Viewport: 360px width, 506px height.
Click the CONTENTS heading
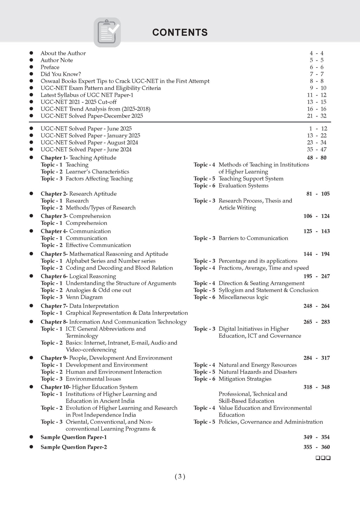(x=180, y=32)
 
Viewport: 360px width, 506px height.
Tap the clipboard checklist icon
(x=107, y=32)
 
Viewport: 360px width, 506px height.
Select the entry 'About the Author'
(x=63, y=53)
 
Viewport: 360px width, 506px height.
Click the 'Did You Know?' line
(x=60, y=74)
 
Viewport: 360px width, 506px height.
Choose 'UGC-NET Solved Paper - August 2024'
(x=89, y=143)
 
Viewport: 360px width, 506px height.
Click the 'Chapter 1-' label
(x=54, y=158)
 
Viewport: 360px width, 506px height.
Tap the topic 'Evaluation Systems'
(x=243, y=186)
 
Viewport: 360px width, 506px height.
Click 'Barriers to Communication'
(x=253, y=238)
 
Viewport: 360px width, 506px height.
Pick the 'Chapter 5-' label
(x=54, y=254)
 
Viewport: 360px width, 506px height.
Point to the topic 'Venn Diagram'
(x=84, y=297)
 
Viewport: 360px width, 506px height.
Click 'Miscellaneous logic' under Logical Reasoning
(x=243, y=297)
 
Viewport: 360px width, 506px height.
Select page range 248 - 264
(x=316, y=306)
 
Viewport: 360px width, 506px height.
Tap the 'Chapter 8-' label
(x=54, y=322)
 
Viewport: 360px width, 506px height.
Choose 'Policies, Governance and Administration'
(x=271, y=422)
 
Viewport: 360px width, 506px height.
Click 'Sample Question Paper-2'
(x=73, y=447)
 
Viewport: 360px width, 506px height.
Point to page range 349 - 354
(x=316, y=437)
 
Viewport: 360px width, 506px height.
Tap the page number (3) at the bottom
(x=180, y=477)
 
